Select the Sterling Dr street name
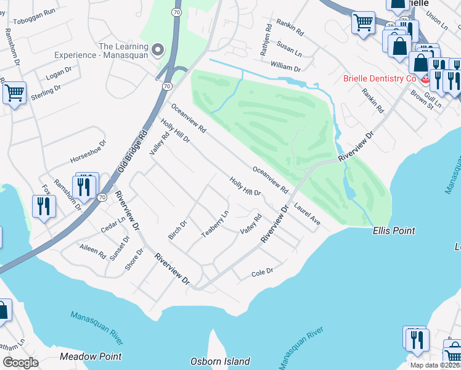click(x=44, y=94)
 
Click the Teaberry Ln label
click(x=215, y=223)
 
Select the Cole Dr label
click(x=262, y=272)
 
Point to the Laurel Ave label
click(x=307, y=214)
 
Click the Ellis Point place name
click(x=394, y=231)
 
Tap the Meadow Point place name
click(x=91, y=356)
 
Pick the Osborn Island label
click(x=220, y=361)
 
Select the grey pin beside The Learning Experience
click(x=157, y=49)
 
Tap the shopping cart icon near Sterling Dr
click(x=14, y=93)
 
